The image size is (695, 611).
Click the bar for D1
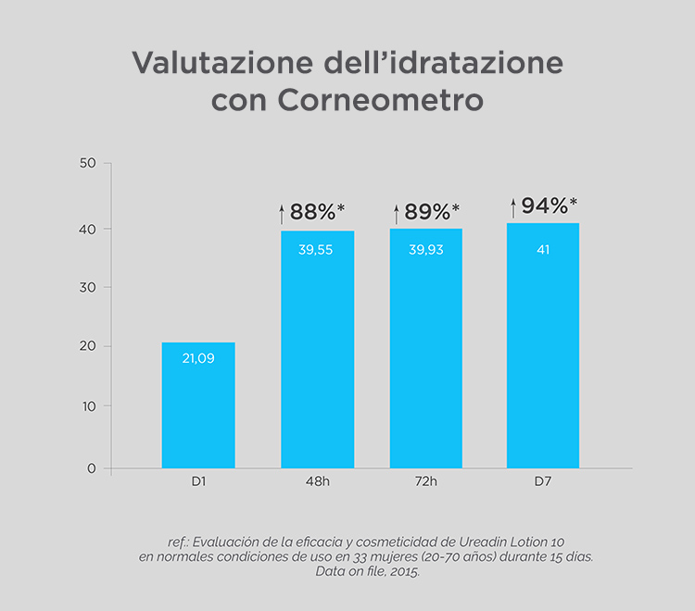198,407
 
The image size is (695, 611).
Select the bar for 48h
318,352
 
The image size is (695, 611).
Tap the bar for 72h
426,352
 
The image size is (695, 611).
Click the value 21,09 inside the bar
198,358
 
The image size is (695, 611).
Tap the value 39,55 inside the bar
318,249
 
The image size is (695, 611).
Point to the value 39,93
426,249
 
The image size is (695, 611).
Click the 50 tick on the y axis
89,164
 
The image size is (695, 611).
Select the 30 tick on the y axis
89,287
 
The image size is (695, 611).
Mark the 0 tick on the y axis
92,468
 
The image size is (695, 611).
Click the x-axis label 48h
317,483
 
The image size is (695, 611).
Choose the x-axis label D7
543,483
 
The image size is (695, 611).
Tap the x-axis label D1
198,483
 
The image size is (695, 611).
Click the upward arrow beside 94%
513,208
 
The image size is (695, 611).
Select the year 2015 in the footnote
401,573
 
